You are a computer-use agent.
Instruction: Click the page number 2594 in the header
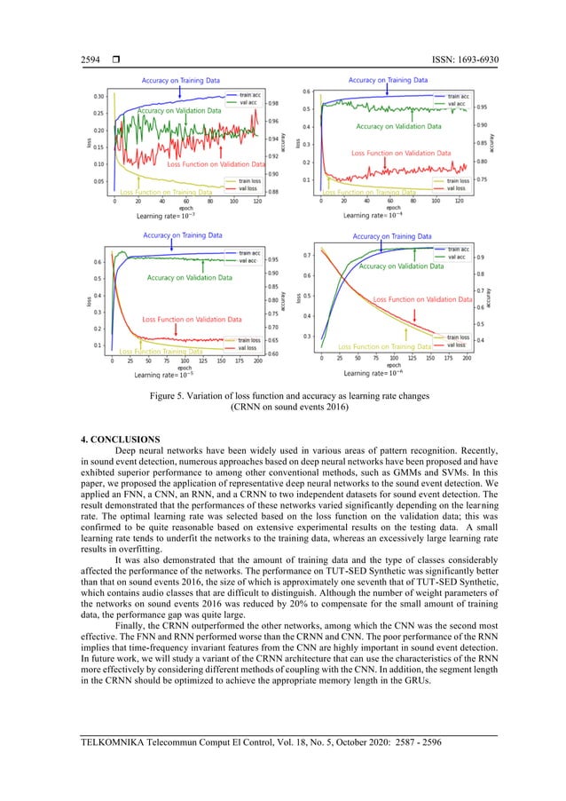90,59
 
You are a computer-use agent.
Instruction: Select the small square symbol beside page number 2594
122,59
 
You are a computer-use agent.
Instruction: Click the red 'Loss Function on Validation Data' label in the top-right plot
397,153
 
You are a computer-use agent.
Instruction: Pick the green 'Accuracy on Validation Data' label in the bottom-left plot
190,278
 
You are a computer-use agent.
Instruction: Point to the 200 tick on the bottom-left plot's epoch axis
258,361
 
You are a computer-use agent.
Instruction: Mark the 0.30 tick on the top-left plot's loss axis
99,96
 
